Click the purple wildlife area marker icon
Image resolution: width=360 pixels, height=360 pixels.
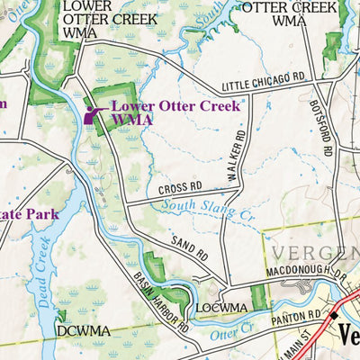[91, 114]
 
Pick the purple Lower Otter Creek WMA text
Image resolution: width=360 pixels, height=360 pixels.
[175, 112]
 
